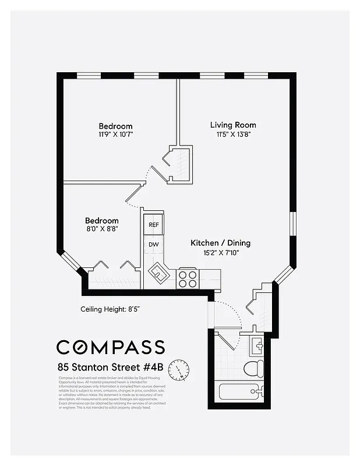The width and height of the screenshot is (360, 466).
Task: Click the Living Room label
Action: pyautogui.click(x=233, y=125)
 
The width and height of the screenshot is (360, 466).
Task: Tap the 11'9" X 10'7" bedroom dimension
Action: pyautogui.click(x=115, y=135)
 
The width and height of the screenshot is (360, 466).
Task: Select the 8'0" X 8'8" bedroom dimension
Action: pyautogui.click(x=102, y=229)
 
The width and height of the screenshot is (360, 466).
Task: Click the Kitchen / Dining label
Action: pyautogui.click(x=220, y=243)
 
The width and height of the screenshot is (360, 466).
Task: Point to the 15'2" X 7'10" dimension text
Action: pyautogui.click(x=220, y=252)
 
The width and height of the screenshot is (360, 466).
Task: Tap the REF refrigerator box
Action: pyautogui.click(x=154, y=224)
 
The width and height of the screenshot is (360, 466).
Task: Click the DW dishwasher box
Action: pyautogui.click(x=154, y=244)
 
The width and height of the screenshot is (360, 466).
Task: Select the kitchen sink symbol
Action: pyautogui.click(x=158, y=272)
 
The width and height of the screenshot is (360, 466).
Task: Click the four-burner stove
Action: pyautogui.click(x=188, y=278)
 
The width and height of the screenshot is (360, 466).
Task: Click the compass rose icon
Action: pyautogui.click(x=179, y=369)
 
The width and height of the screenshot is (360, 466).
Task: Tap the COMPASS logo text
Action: pyautogui.click(x=111, y=347)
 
